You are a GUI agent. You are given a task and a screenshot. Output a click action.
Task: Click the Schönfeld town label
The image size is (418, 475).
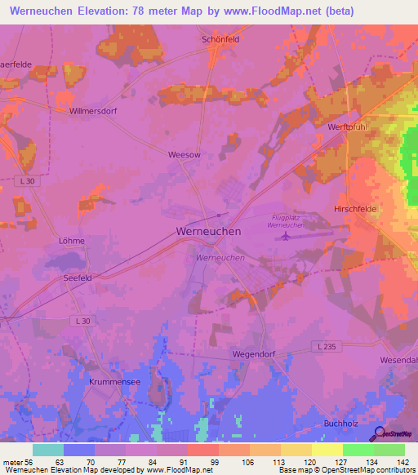point(219,38)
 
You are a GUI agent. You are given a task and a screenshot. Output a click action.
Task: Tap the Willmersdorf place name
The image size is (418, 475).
point(94,110)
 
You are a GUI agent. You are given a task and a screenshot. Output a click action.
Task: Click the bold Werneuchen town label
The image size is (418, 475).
point(208,232)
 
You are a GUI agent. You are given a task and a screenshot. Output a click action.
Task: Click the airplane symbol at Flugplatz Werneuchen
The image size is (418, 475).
point(284,237)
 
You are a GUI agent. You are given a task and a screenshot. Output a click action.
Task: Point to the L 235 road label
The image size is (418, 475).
point(327,347)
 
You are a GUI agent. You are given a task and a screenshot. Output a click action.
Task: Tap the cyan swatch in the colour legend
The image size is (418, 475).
point(48,450)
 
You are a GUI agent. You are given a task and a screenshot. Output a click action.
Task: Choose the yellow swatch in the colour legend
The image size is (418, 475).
point(327,450)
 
